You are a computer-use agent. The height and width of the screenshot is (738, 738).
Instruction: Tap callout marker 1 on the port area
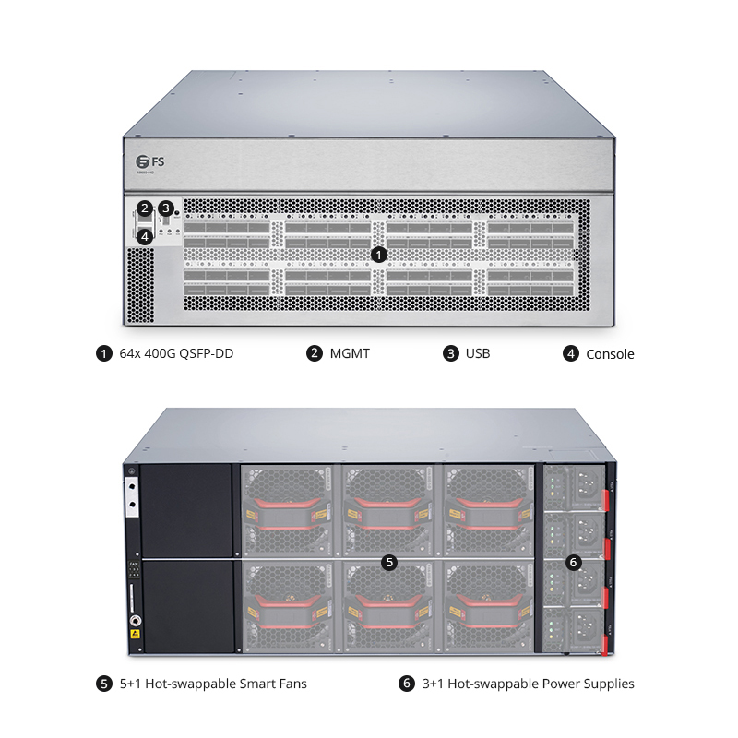(x=378, y=252)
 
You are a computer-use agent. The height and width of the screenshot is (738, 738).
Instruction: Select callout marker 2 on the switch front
(x=145, y=208)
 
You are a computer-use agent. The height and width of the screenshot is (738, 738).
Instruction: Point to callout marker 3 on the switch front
(x=166, y=208)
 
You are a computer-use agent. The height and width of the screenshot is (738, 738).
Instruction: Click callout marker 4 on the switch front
(x=145, y=236)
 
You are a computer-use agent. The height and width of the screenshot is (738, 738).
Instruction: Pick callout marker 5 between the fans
(x=388, y=561)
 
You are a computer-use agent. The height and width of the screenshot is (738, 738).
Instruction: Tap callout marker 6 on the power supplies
(x=573, y=561)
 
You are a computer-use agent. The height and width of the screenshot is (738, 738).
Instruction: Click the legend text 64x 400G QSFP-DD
(x=176, y=353)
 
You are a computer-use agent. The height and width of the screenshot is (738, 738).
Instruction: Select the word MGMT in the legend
(x=350, y=353)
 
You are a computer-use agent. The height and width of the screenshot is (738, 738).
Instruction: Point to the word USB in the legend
(x=478, y=353)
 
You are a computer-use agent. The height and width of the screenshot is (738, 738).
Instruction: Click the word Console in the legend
(x=610, y=353)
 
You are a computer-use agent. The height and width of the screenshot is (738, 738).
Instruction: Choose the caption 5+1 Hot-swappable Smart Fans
(x=213, y=684)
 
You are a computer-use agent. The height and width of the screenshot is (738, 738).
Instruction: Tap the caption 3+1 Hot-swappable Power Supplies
(x=527, y=684)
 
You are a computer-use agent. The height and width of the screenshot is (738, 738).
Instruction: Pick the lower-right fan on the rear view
(x=486, y=606)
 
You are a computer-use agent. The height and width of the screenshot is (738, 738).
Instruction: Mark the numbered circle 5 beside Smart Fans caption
(x=104, y=684)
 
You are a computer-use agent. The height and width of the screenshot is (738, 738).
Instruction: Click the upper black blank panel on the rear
(x=187, y=509)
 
